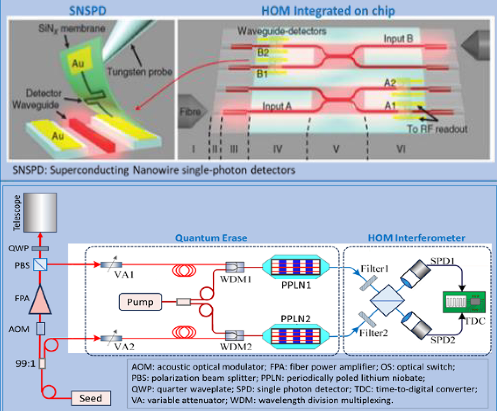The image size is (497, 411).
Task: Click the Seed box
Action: [91, 398]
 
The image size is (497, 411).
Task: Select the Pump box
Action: [140, 302]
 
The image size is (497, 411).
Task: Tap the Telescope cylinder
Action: [40, 212]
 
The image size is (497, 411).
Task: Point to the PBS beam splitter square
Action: [40, 264]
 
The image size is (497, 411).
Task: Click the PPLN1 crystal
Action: [296, 266]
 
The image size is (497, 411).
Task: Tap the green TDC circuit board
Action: [464, 302]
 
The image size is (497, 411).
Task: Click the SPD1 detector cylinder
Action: [415, 274]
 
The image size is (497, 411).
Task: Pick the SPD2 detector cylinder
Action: [416, 325]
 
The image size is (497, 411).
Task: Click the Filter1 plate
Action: [369, 283]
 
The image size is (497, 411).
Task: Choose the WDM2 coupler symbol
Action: [234, 335]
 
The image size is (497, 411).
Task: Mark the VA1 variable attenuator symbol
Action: [111, 264]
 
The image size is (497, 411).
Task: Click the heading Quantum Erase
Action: [211, 238]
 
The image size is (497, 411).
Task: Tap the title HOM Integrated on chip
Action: [328, 11]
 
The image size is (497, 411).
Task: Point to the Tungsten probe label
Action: [140, 71]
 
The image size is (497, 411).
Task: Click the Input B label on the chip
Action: [398, 39]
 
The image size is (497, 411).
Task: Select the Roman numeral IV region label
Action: [277, 148]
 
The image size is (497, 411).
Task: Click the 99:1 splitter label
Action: [25, 363]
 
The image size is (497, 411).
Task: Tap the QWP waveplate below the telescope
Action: [40, 248]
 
